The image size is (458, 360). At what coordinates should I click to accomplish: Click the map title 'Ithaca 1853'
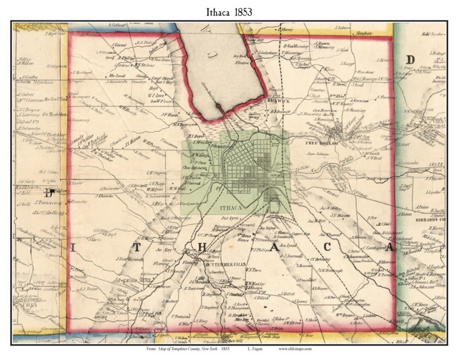click(x=229, y=12)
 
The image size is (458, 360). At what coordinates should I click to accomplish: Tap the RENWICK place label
click(x=278, y=102)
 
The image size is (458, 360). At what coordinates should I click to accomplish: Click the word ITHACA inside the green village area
click(x=231, y=208)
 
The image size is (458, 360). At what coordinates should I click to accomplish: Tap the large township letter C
click(x=339, y=248)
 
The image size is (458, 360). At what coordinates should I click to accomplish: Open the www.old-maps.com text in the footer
click(x=295, y=349)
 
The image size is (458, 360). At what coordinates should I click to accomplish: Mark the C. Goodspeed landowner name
click(x=373, y=247)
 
